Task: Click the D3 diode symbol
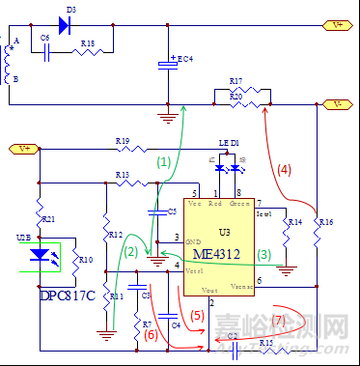click(66, 24)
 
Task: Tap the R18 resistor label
click(87, 43)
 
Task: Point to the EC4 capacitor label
click(183, 59)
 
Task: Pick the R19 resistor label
click(123, 142)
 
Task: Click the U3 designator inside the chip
click(224, 233)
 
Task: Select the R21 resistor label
click(49, 220)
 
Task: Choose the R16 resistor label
click(326, 222)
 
